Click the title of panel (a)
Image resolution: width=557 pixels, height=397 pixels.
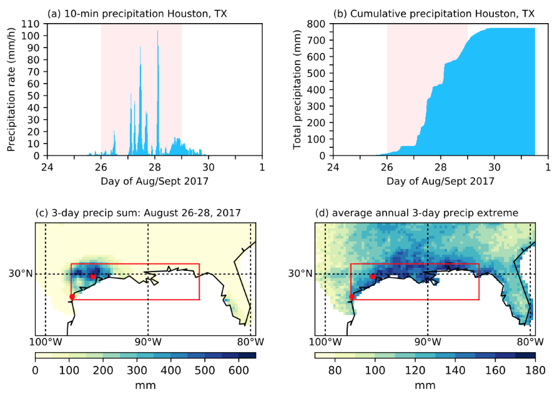(137, 14)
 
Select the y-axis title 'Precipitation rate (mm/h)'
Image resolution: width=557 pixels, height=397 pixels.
(12, 90)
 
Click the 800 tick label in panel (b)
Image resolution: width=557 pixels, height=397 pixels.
(317, 24)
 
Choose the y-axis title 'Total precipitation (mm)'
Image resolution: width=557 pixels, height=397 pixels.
(297, 90)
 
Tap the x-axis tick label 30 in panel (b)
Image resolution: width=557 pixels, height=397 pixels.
(495, 167)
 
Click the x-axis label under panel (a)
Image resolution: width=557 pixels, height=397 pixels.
(154, 181)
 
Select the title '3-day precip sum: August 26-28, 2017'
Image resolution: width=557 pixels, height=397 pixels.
(138, 213)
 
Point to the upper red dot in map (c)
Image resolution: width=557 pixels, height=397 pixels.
(92, 277)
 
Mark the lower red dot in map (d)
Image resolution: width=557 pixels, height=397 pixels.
(352, 297)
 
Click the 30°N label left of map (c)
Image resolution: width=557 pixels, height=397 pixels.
(21, 274)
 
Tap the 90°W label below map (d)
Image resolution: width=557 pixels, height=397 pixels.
(428, 342)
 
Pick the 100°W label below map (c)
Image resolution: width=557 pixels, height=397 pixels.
(46, 342)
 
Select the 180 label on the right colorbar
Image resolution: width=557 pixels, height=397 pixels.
(535, 371)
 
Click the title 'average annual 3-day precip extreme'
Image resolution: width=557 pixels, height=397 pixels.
(417, 213)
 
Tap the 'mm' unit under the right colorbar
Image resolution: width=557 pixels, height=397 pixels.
(425, 385)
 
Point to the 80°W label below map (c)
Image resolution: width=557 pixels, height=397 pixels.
(251, 342)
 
